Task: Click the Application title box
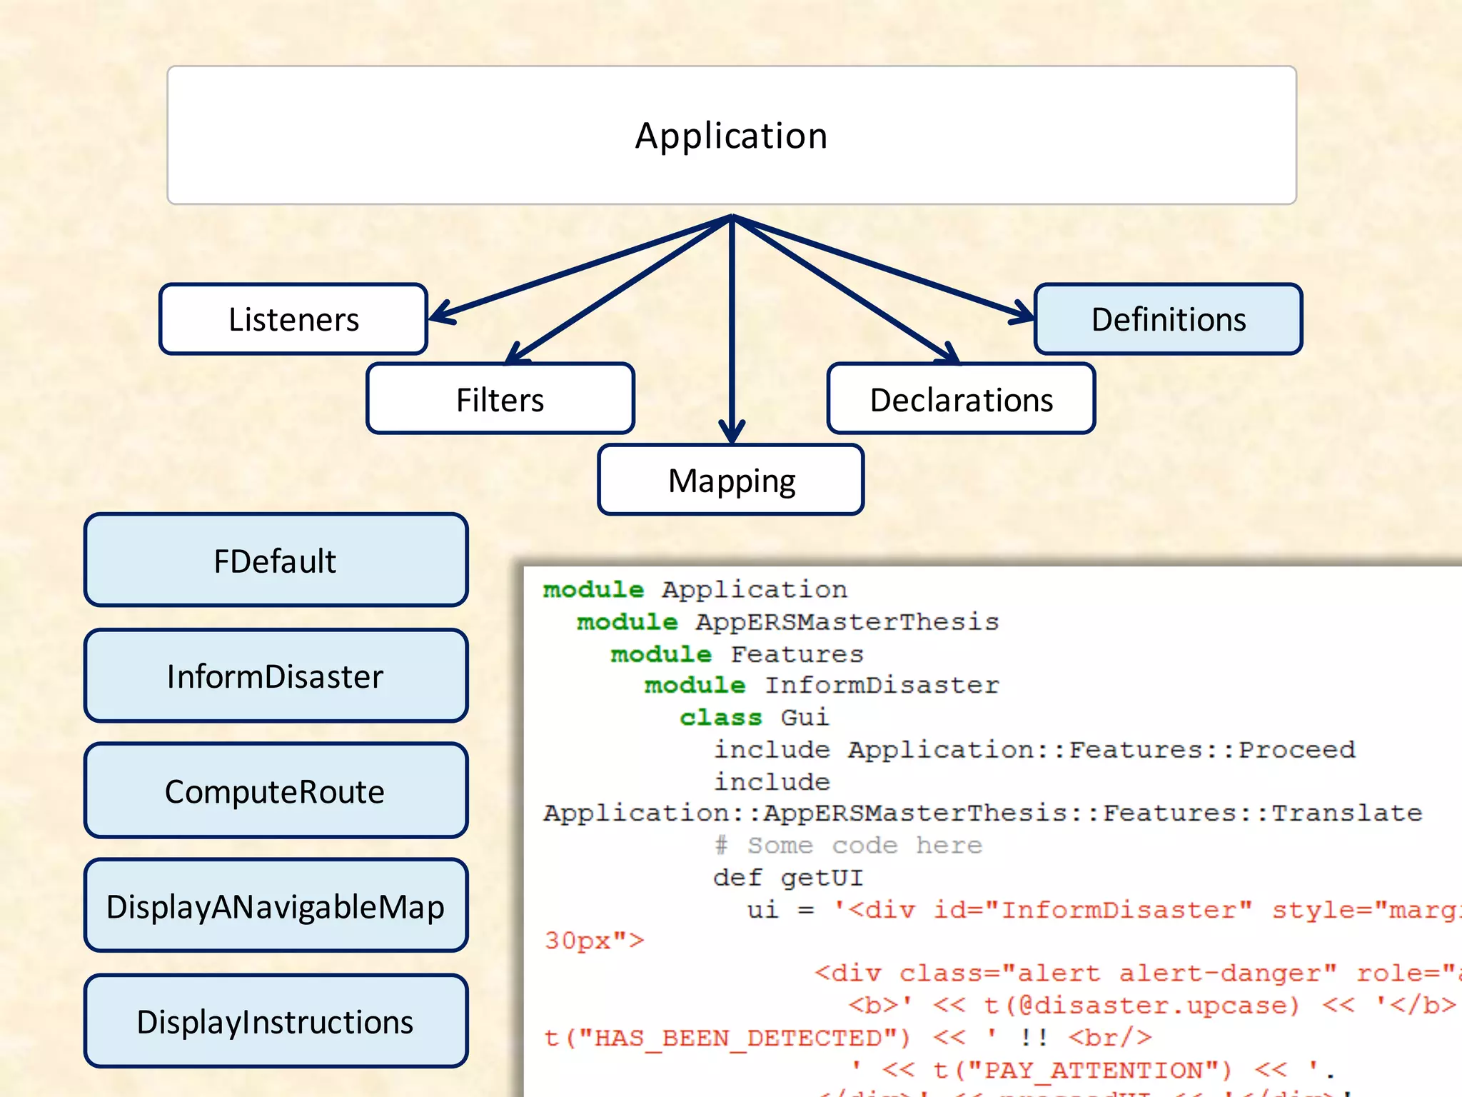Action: (731, 136)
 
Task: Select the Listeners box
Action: (293, 319)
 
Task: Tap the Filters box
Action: (500, 399)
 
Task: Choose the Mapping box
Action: (731, 480)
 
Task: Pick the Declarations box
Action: (961, 399)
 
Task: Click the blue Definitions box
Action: (1168, 319)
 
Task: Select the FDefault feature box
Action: (276, 561)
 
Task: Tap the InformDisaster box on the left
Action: (276, 676)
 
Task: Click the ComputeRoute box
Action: (276, 791)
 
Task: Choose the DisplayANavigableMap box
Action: (276, 906)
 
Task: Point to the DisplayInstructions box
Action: (276, 1021)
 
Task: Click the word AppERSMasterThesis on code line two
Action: (847, 622)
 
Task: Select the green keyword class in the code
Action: (720, 717)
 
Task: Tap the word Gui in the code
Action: (805, 717)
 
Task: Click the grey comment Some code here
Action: (864, 846)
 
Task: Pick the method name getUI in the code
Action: (822, 878)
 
